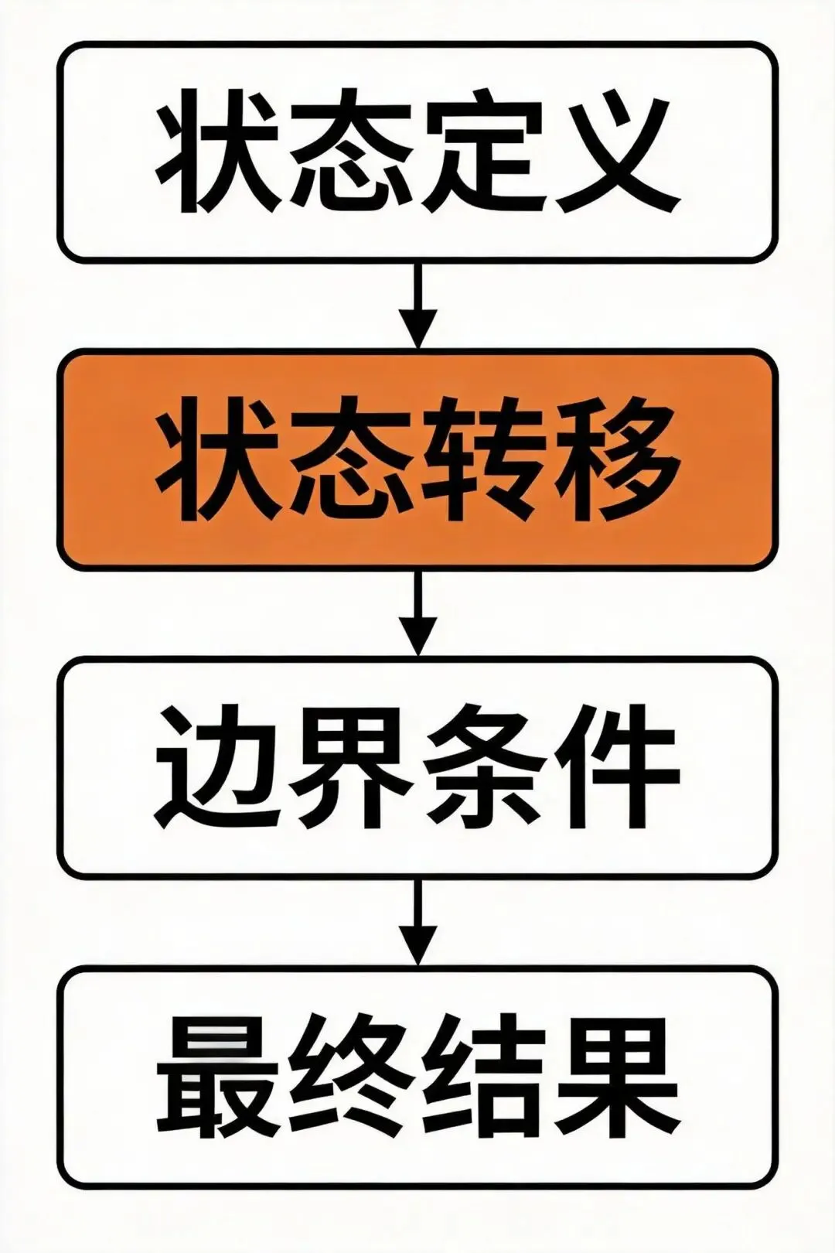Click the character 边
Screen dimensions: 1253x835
pyautogui.click(x=220, y=767)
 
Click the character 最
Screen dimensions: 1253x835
pyautogui.click(x=220, y=1075)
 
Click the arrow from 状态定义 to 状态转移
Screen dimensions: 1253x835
pyautogui.click(x=417, y=306)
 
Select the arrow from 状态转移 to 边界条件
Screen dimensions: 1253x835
pyautogui.click(x=417, y=613)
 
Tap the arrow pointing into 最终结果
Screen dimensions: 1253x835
pyautogui.click(x=417, y=920)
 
